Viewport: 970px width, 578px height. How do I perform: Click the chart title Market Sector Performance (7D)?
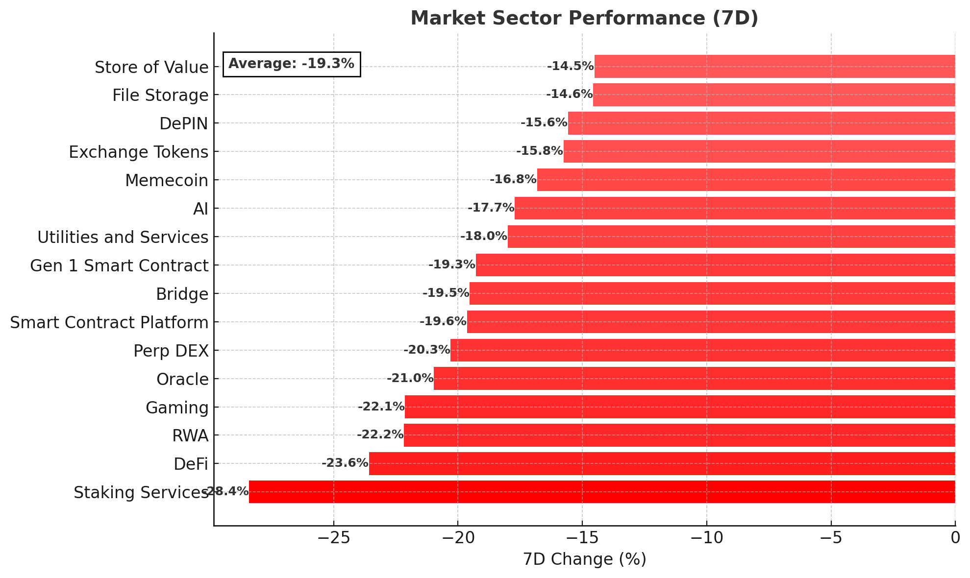pyautogui.click(x=584, y=18)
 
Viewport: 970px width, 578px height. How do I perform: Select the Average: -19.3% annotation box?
pyautogui.click(x=292, y=64)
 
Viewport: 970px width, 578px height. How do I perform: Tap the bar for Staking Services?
pyautogui.click(x=602, y=492)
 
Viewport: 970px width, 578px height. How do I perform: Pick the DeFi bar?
pyautogui.click(x=662, y=463)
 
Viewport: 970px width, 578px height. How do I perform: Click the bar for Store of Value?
pyautogui.click(x=774, y=67)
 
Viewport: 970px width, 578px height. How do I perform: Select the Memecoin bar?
pyautogui.click(x=746, y=180)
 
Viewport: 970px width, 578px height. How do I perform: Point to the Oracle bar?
pyautogui.click(x=694, y=378)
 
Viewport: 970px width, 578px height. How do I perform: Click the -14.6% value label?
pyautogui.click(x=569, y=94)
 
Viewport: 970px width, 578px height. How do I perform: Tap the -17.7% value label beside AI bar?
pyautogui.click(x=491, y=208)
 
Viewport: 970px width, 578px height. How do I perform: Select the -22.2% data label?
pyautogui.click(x=380, y=434)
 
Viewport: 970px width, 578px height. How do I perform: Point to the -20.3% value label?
pyautogui.click(x=426, y=350)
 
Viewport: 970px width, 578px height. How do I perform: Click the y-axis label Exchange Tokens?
pyautogui.click(x=139, y=152)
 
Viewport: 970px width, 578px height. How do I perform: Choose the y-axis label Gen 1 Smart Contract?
pyautogui.click(x=119, y=265)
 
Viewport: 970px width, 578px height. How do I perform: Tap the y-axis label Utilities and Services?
pyautogui.click(x=123, y=237)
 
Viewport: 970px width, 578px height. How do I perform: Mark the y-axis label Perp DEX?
pyautogui.click(x=171, y=351)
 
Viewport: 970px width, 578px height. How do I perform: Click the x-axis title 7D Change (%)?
pyautogui.click(x=584, y=559)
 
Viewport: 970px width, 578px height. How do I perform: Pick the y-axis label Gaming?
pyautogui.click(x=177, y=408)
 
